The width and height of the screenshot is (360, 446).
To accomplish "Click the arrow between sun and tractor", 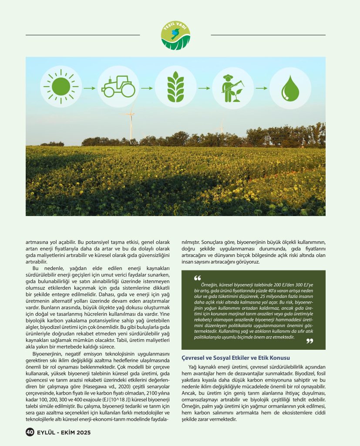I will [88, 88].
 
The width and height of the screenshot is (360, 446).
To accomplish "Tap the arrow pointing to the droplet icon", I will [260, 88].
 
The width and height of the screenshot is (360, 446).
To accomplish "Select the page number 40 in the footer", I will [30, 432].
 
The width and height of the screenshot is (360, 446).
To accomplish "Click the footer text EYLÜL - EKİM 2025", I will [64, 432].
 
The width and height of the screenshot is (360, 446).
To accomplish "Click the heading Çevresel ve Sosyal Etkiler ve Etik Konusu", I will [236, 358].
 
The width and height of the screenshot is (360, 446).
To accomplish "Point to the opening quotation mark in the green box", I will [196, 279].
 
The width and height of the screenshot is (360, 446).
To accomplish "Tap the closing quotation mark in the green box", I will [310, 341].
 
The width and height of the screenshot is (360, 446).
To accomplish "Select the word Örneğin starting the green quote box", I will [203, 284].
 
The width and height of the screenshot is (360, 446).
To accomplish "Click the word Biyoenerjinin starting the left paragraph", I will [45, 354].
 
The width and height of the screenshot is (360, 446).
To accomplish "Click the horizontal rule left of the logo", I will [83, 35].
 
